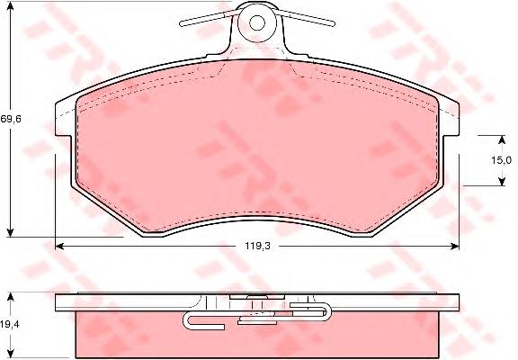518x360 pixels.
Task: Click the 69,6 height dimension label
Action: click(x=11, y=119)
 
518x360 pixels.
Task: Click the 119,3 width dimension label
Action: click(x=257, y=246)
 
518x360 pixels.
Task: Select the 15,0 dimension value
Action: click(x=501, y=160)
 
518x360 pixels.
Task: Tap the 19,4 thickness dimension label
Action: click(x=10, y=324)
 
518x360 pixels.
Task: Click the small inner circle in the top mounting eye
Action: click(x=257, y=22)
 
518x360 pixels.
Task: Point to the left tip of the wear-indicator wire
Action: click(x=181, y=23)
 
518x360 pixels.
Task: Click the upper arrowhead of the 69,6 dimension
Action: click(x=11, y=6)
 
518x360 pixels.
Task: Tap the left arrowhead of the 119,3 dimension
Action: click(x=59, y=246)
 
